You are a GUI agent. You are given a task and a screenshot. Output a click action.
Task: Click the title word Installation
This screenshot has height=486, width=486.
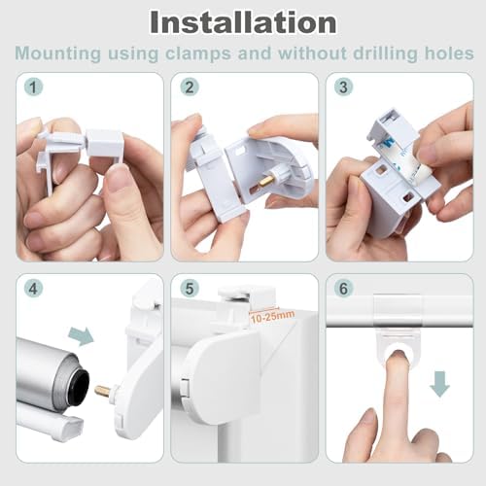point(243,22)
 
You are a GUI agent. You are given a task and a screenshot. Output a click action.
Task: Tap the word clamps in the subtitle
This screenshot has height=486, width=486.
point(198,53)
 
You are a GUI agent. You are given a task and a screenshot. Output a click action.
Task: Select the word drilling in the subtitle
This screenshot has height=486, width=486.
point(385,53)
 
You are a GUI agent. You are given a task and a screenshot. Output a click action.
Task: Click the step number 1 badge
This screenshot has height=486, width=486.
point(33,87)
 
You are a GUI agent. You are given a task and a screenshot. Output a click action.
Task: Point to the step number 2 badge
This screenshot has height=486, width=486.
point(190,87)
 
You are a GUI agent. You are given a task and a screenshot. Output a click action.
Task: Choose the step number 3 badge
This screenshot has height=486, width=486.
point(343,87)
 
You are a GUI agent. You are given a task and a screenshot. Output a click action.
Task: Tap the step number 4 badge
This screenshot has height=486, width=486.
point(33,289)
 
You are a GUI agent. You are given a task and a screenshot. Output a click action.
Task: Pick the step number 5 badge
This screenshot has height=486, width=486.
point(190,289)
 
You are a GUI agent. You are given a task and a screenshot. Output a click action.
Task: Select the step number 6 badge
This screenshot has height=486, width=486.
point(343,289)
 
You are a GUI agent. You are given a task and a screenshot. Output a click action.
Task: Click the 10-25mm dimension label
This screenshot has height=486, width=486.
point(272,316)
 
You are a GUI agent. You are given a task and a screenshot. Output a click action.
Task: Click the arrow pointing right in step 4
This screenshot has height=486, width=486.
point(81,336)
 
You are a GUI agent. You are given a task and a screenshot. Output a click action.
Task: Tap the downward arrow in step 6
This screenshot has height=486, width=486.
point(439,384)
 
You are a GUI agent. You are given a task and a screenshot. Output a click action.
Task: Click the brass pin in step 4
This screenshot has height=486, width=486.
point(103,391)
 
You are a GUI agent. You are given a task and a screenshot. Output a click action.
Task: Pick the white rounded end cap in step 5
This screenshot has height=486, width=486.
point(224,372)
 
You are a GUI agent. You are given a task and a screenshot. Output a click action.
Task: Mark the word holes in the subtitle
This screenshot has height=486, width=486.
point(449,53)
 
